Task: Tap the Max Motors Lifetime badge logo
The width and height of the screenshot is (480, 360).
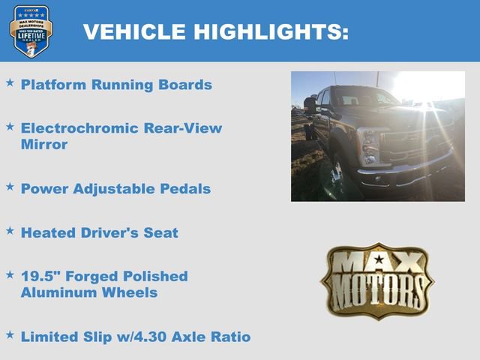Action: [x=31, y=31]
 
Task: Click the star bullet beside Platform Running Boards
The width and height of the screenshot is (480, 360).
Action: [x=10, y=82]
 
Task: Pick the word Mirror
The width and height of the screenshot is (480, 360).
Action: [x=44, y=145]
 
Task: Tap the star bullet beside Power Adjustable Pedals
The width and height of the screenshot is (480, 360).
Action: [x=10, y=185]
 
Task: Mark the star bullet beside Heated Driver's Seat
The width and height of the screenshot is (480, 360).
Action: [x=10, y=229]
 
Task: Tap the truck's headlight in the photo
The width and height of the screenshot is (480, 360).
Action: [x=370, y=145]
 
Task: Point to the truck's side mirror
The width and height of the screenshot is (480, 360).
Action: [x=310, y=104]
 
